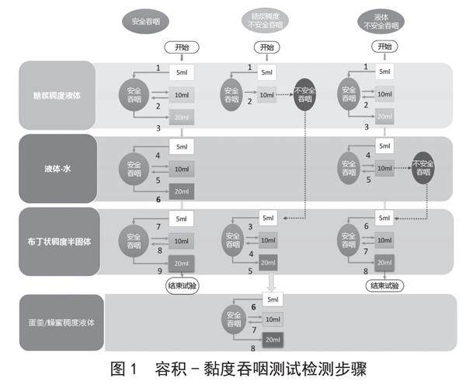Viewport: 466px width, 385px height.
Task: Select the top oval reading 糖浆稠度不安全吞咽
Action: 265,21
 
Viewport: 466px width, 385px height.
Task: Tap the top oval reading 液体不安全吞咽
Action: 383,22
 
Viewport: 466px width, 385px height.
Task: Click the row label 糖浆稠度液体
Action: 57,94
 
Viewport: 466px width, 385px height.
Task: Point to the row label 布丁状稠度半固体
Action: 57,241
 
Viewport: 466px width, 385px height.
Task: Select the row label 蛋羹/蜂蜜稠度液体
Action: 61,322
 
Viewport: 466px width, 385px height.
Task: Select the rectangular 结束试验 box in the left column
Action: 182,285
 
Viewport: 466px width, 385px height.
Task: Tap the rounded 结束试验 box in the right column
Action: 384,285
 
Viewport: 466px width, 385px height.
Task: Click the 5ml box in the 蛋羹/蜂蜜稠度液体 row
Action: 272,299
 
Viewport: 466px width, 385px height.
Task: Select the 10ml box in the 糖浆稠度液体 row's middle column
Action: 266,95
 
